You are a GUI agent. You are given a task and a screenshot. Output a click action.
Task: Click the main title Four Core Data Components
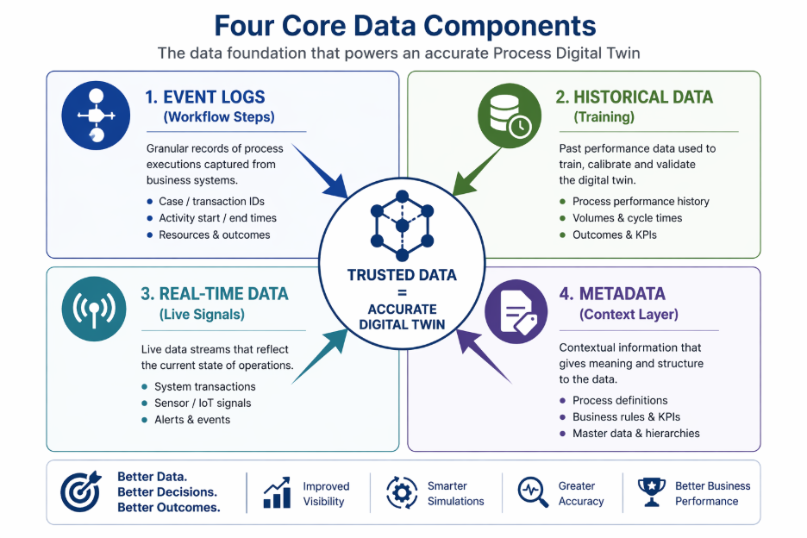pos(404,26)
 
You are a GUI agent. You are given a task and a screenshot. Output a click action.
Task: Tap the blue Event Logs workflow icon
pos(96,116)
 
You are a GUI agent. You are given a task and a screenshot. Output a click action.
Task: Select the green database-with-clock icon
pos(510,116)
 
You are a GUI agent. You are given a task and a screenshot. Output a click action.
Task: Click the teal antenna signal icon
pos(94,309)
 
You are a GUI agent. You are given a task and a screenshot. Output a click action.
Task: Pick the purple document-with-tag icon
pos(516,311)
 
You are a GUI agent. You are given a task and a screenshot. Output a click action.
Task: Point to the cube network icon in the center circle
pos(402,226)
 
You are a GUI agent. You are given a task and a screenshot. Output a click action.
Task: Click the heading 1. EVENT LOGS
pos(205,97)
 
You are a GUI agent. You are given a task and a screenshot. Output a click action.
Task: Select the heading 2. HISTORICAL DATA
pos(634,97)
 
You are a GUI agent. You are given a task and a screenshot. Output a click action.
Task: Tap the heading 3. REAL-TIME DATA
pos(214,293)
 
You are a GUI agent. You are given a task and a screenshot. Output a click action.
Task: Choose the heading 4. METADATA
pos(612,293)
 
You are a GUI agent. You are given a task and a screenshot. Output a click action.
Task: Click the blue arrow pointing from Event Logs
pos(320,172)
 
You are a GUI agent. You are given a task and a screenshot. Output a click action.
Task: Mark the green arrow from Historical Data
pos(477,172)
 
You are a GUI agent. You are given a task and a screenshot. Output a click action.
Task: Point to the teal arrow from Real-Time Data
pos(320,356)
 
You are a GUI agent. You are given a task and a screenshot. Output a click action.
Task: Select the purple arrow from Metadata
pos(484,356)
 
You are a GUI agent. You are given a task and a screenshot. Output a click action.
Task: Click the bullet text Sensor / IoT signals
pos(203,403)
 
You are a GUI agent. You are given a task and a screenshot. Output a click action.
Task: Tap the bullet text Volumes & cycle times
pos(628,218)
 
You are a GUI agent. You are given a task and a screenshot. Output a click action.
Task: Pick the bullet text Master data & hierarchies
pos(636,434)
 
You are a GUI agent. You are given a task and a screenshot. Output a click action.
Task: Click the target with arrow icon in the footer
pos(81,491)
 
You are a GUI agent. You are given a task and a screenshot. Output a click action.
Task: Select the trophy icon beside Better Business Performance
pos(652,492)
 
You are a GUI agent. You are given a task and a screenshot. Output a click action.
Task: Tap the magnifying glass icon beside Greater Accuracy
pos(533,492)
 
